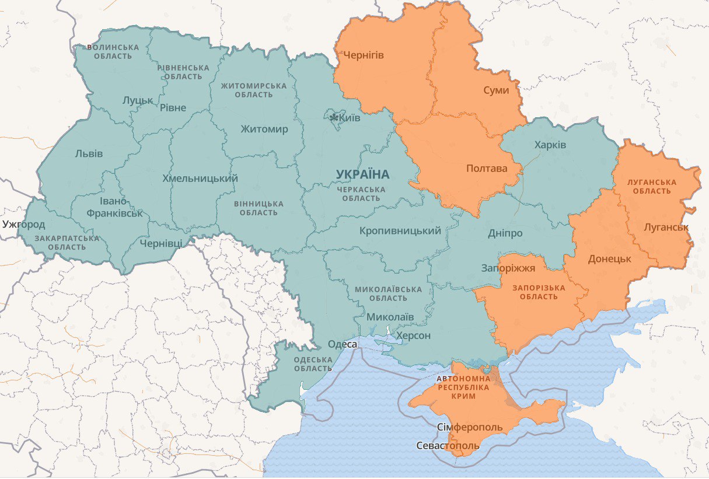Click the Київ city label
point(350,118)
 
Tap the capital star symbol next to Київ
point(334,118)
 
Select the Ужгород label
point(23,224)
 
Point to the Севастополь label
point(448,446)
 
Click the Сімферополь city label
point(469,427)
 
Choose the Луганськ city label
point(666,227)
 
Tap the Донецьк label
point(609,258)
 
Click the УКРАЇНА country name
point(362,174)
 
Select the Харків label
point(550,145)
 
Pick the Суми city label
point(496,90)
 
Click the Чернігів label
point(363,55)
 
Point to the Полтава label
point(486,169)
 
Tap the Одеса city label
point(342,344)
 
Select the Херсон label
point(413,335)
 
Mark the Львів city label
point(89,154)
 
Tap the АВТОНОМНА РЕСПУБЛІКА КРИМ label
point(463,387)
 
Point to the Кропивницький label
point(400,231)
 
